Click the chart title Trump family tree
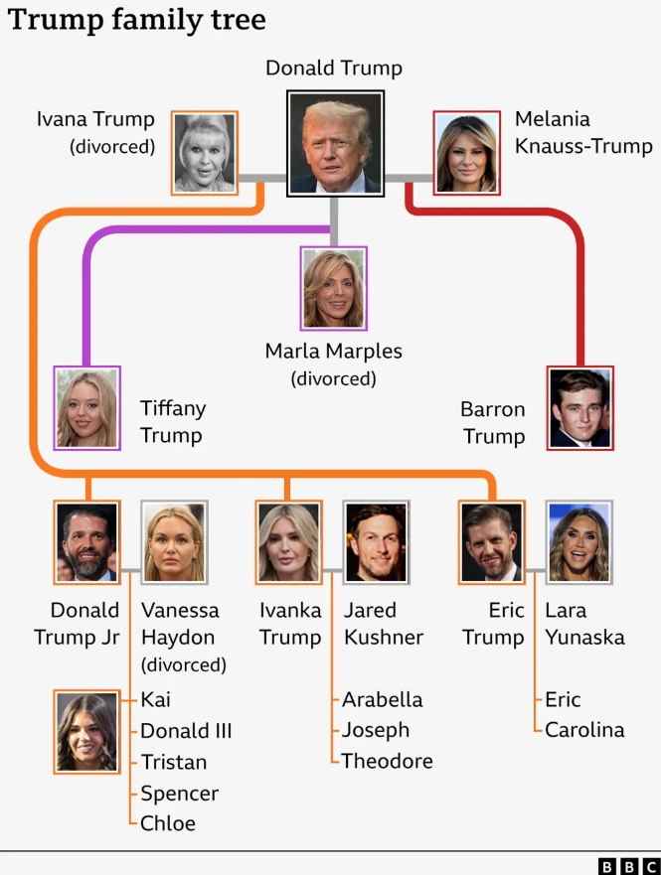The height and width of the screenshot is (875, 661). (x=137, y=20)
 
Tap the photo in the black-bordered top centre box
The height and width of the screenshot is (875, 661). (x=335, y=141)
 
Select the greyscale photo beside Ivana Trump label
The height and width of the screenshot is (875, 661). (x=204, y=152)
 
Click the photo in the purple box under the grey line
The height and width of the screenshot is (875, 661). (x=334, y=288)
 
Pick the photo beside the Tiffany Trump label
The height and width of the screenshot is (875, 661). (x=87, y=407)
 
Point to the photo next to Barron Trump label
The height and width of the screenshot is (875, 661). (x=579, y=407)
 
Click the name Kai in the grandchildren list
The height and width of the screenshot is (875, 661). (x=155, y=699)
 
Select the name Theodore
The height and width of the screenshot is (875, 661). (x=387, y=761)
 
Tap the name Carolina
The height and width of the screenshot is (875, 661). (x=584, y=730)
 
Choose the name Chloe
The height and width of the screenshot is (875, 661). (x=168, y=822)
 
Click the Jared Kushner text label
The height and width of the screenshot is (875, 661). (x=384, y=624)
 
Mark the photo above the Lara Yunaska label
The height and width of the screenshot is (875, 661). (x=578, y=541)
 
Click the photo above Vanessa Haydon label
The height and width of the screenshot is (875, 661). (x=174, y=541)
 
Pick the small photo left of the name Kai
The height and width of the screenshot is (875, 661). (x=87, y=732)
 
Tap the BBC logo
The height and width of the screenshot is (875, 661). (x=628, y=866)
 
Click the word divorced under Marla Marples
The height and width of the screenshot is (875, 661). (x=333, y=378)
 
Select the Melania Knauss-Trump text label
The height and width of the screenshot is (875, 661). (x=582, y=133)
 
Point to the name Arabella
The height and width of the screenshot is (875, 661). (x=382, y=699)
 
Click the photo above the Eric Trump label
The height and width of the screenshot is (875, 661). (x=491, y=541)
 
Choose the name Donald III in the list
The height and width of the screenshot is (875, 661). (x=186, y=731)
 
